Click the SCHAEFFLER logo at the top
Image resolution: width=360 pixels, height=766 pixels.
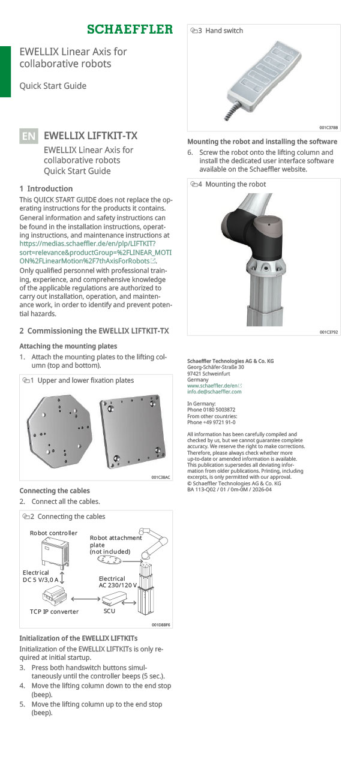130,29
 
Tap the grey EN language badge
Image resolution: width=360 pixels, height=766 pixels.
29,136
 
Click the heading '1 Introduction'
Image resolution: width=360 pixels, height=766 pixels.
46,188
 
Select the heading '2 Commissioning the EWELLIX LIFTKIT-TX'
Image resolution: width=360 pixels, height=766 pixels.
94,331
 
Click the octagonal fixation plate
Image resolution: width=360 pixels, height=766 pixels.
60,426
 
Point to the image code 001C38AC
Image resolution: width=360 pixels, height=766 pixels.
160,477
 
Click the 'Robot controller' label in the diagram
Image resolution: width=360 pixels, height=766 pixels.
53,533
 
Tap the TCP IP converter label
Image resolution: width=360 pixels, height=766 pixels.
54,611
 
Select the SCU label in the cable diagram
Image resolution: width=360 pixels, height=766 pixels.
109,611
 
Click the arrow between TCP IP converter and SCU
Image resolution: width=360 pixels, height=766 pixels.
85,598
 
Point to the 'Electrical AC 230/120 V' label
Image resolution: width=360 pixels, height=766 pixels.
118,581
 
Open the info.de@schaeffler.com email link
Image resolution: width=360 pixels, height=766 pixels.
214,392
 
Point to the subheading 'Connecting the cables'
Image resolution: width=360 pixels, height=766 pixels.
55,491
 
